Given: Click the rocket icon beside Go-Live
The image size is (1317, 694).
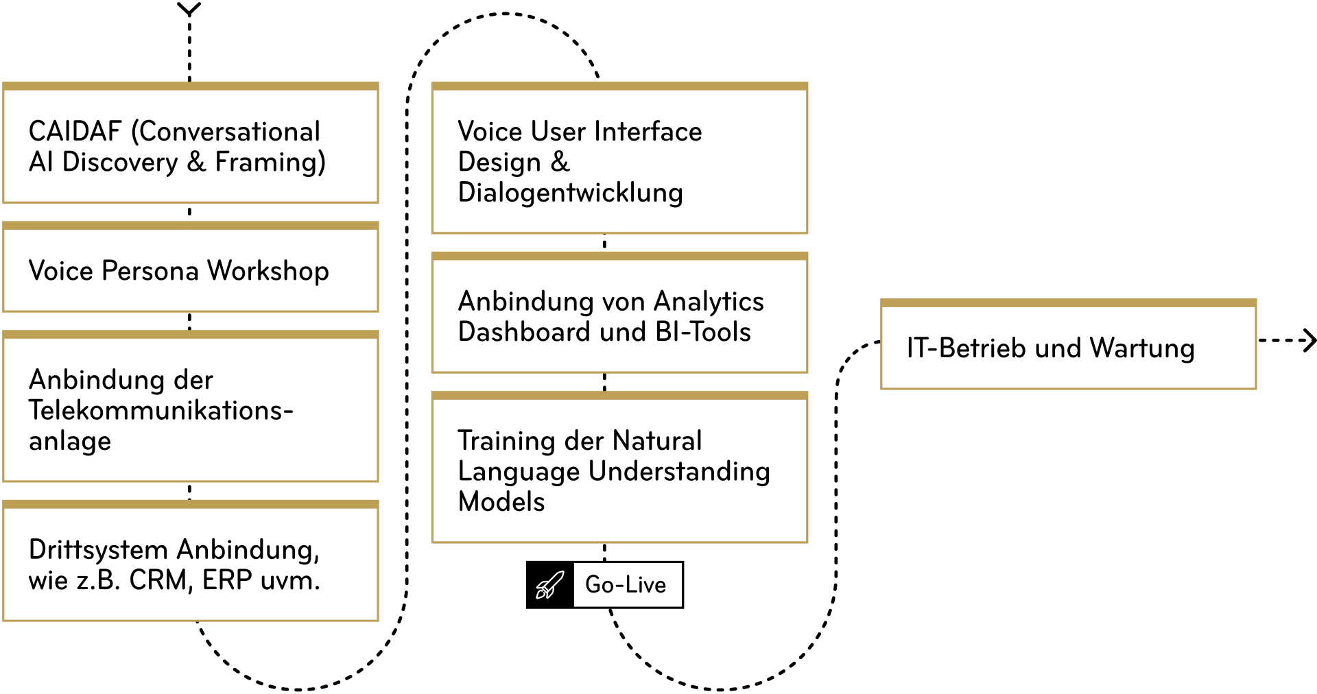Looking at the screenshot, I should click(x=549, y=585).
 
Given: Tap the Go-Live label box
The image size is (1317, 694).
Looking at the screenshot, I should click(x=627, y=585).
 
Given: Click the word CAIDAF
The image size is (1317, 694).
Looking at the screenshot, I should click(x=75, y=132).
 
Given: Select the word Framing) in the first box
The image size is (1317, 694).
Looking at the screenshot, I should click(x=270, y=163).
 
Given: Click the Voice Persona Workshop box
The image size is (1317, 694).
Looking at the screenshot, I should click(x=191, y=271).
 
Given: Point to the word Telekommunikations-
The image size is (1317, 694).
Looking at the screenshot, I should click(x=161, y=410).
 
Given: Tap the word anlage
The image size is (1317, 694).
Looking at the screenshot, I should click(x=69, y=441).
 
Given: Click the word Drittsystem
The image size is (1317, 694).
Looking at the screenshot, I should click(x=98, y=550).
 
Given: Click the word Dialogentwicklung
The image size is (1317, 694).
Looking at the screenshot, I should click(x=570, y=193).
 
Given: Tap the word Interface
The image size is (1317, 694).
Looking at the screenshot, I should click(x=648, y=132).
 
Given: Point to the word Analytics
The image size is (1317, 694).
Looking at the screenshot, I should click(x=709, y=302).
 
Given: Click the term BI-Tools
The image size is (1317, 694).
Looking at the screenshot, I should click(x=702, y=332).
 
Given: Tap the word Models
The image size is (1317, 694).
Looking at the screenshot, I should click(x=501, y=502).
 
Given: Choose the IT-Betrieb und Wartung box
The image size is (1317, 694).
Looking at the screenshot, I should click(x=1068, y=348).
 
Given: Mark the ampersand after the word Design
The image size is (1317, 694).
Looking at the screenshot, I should click(x=560, y=162).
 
